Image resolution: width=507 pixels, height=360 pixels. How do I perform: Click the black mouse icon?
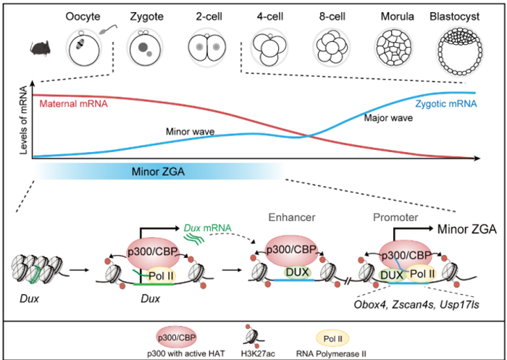click(x=38, y=49)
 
